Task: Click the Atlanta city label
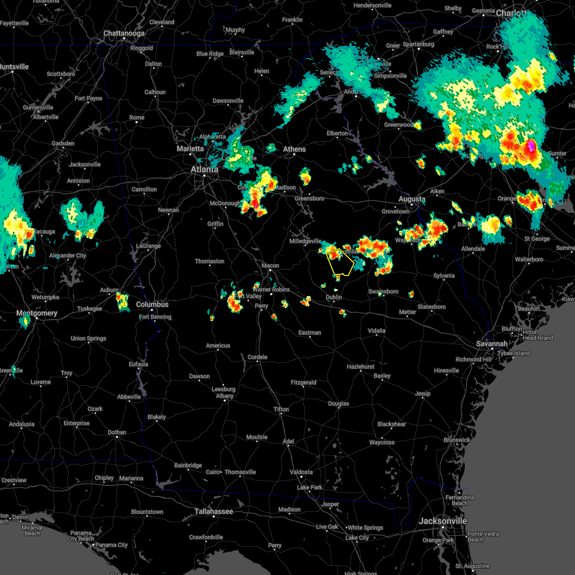click(204, 169)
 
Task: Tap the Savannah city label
click(492, 344)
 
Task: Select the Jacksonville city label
click(442, 521)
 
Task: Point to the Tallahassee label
click(214, 512)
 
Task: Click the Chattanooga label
click(124, 34)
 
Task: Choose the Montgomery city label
click(37, 313)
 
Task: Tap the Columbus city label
click(152, 304)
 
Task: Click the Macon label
click(270, 265)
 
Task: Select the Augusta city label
click(412, 199)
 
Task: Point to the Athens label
click(294, 149)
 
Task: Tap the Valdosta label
click(301, 472)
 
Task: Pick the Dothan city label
click(117, 432)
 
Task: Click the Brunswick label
click(457, 440)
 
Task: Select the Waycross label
click(382, 442)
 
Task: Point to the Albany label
click(225, 396)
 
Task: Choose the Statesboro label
click(431, 307)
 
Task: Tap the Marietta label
click(190, 149)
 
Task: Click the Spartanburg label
click(418, 44)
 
